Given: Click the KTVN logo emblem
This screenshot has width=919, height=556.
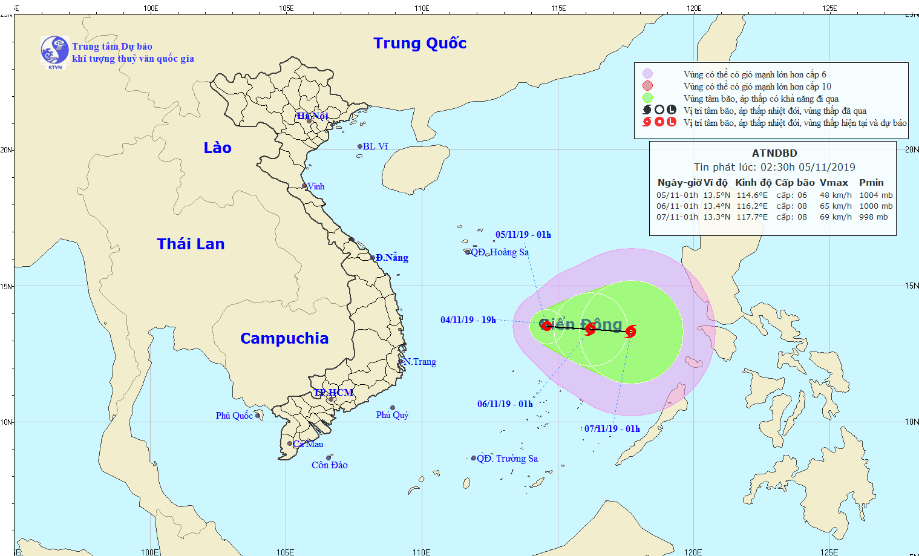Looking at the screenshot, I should (54, 51).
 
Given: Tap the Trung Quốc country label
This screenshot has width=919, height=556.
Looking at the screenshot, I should (420, 44).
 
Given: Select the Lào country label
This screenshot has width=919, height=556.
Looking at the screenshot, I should (217, 148).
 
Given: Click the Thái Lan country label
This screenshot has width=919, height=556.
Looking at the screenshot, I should (191, 244).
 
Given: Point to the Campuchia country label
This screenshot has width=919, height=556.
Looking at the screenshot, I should (284, 338).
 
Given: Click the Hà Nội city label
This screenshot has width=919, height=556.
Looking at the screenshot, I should (312, 116).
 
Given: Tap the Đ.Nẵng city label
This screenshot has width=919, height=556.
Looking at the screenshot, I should (392, 258).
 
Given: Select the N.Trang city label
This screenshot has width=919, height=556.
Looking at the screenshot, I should (420, 362).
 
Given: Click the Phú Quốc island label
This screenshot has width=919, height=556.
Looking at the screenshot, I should (234, 416).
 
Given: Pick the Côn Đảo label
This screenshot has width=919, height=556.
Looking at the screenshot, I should (330, 465).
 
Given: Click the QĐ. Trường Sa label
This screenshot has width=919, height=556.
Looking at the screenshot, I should (507, 459).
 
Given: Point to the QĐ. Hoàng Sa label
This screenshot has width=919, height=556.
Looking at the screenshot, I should (500, 252).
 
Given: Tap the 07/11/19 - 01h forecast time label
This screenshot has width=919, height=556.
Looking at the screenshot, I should (612, 429).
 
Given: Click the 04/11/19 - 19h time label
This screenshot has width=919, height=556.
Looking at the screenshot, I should (468, 320).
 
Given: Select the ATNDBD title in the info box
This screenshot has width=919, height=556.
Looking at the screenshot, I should (774, 154).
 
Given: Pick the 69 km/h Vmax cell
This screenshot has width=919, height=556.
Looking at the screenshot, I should (836, 217).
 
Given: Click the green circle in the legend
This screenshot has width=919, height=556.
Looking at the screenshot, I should (647, 98).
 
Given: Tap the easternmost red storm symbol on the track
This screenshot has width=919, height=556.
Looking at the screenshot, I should (631, 332).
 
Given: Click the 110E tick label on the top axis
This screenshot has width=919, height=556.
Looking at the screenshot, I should (422, 8).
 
